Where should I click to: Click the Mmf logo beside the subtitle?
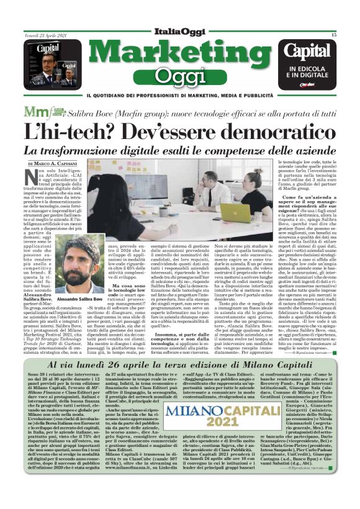[53, 112]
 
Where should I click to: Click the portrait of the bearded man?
[82, 275]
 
